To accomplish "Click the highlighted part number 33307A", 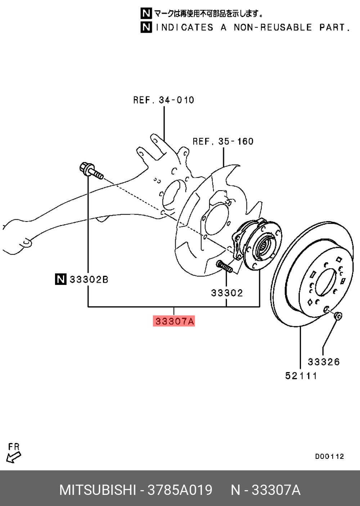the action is [x=174, y=321].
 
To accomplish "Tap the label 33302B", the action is [x=89, y=280].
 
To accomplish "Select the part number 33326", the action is [x=324, y=362].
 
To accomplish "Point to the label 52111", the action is [x=301, y=376].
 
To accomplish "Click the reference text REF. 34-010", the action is [x=163, y=100].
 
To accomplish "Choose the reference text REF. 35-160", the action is [x=223, y=142].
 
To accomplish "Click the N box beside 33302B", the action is [x=61, y=279].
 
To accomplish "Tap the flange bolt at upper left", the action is [x=91, y=171].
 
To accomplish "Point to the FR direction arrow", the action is [x=14, y=457].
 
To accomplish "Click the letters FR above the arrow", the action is [x=14, y=447].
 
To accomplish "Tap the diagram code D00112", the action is [x=329, y=457].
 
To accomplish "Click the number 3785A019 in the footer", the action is [x=180, y=490].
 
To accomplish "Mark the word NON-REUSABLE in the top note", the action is [x=273, y=28].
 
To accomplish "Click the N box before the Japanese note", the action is [x=146, y=13].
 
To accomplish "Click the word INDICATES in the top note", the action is [x=184, y=28].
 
